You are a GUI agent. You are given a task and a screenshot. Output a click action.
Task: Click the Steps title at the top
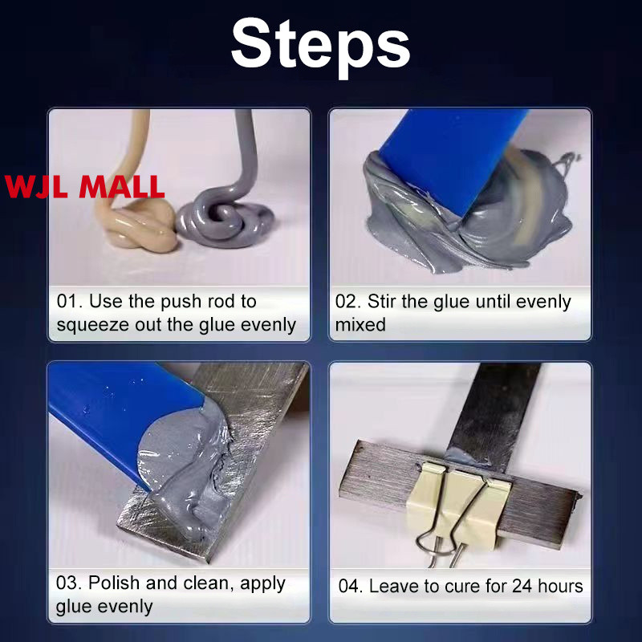coord(320,45)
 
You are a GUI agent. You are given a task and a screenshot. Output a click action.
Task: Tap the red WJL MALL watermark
coord(85,187)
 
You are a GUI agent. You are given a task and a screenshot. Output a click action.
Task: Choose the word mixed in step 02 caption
coord(360,325)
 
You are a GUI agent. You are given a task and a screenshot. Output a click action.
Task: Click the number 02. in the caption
coord(348,302)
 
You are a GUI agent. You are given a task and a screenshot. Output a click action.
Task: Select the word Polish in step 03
coord(114,583)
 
